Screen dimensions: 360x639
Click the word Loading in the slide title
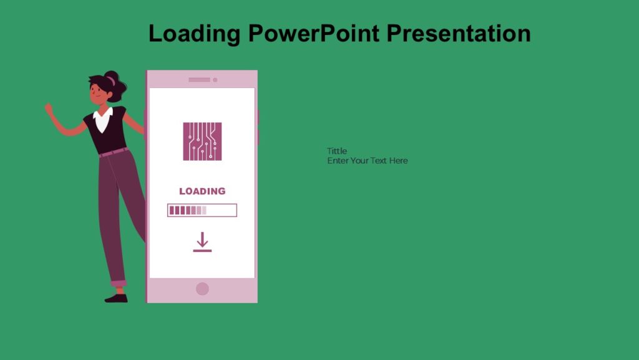pyautogui.click(x=194, y=33)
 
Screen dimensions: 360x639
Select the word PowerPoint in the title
pyautogui.click(x=313, y=32)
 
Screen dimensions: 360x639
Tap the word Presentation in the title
pyautogui.click(x=459, y=32)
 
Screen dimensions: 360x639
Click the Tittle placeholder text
pyautogui.click(x=337, y=151)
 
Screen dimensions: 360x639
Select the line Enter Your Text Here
pyautogui.click(x=368, y=161)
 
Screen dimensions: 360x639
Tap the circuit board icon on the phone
pyautogui.click(x=202, y=141)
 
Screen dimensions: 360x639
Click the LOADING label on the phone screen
pyautogui.click(x=202, y=191)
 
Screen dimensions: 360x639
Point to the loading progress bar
pyautogui.click(x=202, y=210)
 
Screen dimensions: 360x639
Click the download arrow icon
pyautogui.click(x=202, y=242)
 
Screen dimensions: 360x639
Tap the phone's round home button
pyautogui.click(x=202, y=289)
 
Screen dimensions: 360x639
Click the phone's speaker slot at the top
pyautogui.click(x=199, y=80)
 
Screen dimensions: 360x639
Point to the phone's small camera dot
pyautogui.click(x=215, y=80)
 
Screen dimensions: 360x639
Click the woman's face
pyautogui.click(x=99, y=94)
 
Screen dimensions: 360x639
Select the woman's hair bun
pyautogui.click(x=112, y=79)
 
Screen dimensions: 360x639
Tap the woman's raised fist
pyautogui.click(x=49, y=108)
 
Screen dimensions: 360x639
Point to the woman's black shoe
pyautogui.click(x=116, y=298)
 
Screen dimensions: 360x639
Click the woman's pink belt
pyautogui.click(x=113, y=152)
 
